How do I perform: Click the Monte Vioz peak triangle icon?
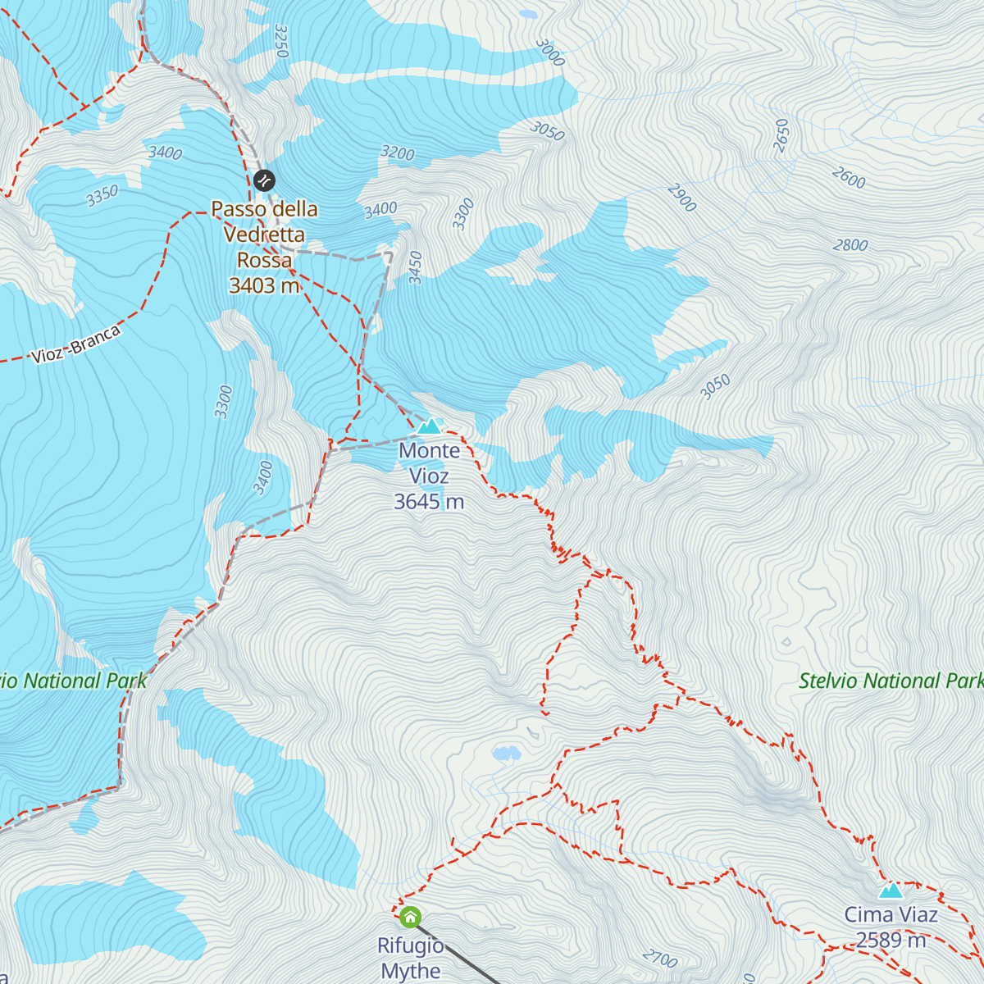tap(429, 426)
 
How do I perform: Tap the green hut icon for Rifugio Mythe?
tap(410, 916)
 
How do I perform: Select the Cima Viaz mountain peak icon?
tap(891, 890)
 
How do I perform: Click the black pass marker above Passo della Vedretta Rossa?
tap(264, 180)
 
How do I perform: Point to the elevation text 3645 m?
tap(429, 502)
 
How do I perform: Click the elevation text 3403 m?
tap(264, 285)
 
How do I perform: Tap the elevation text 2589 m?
tap(891, 941)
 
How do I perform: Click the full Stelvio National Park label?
tap(891, 681)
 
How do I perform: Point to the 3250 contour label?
tap(281, 41)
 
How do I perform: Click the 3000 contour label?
tap(549, 53)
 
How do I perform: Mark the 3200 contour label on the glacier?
tap(398, 153)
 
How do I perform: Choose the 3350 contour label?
tap(102, 196)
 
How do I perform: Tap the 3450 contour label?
tap(416, 268)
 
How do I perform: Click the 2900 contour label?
tap(681, 198)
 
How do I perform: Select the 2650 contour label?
tap(781, 135)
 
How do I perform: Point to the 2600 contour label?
tap(848, 178)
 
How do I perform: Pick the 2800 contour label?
tap(850, 245)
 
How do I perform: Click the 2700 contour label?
tap(659, 959)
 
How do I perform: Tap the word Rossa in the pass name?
tap(264, 260)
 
